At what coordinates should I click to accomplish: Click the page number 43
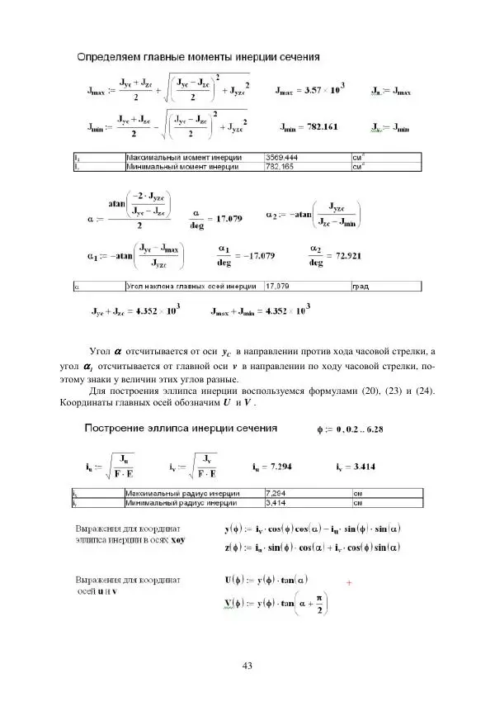pos(247,666)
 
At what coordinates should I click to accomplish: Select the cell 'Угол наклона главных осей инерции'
pos(178,287)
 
